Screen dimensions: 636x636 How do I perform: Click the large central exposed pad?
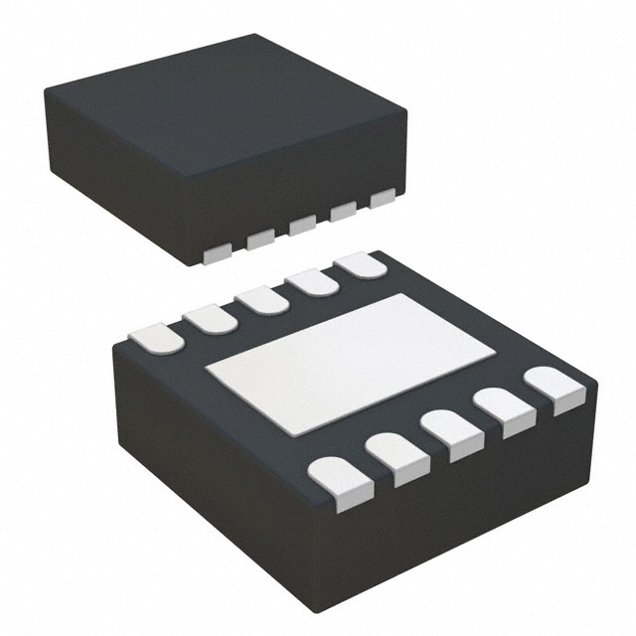pos(350,364)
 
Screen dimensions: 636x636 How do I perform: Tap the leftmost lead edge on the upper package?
pos(217,254)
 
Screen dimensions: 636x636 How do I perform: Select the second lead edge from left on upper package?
pos(260,239)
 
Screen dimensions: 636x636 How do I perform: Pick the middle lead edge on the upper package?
pos(303,226)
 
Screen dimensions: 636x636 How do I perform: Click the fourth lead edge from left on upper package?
pos(344,212)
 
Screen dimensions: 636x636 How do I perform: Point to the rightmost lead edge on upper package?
pos(383,199)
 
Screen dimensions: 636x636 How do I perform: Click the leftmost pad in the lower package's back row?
pos(156,338)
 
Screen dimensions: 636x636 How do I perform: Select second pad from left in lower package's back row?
pos(209,317)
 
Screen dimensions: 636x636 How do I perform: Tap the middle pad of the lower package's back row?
pos(262,299)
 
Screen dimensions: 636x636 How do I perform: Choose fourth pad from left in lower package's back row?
pos(314,281)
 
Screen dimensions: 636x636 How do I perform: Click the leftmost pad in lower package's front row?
pos(341,482)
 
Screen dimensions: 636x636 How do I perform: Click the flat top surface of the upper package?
pos(224,99)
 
